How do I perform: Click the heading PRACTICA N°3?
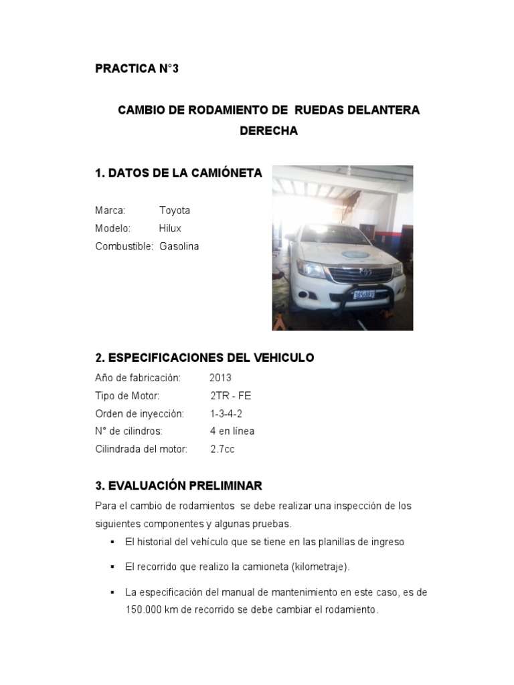pyautogui.click(x=137, y=69)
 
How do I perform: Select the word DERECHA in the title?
pyautogui.click(x=268, y=131)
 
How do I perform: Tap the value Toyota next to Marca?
pyautogui.click(x=175, y=210)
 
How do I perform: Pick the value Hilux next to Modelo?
pyautogui.click(x=170, y=228)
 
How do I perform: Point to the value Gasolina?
pyautogui.click(x=179, y=246)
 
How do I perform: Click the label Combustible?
pyautogui.click(x=124, y=246)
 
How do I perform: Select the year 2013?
pyautogui.click(x=220, y=377)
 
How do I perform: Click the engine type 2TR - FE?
pyautogui.click(x=230, y=395)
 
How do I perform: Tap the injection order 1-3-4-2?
pyautogui.click(x=226, y=413)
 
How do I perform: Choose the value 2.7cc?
pyautogui.click(x=222, y=449)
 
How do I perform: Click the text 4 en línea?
pyautogui.click(x=232, y=431)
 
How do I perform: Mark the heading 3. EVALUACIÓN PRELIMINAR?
pyautogui.click(x=178, y=485)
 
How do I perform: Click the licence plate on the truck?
pyautogui.click(x=363, y=294)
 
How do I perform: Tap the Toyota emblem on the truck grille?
pyautogui.click(x=366, y=272)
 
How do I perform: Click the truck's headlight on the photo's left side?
pyautogui.click(x=311, y=268)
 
